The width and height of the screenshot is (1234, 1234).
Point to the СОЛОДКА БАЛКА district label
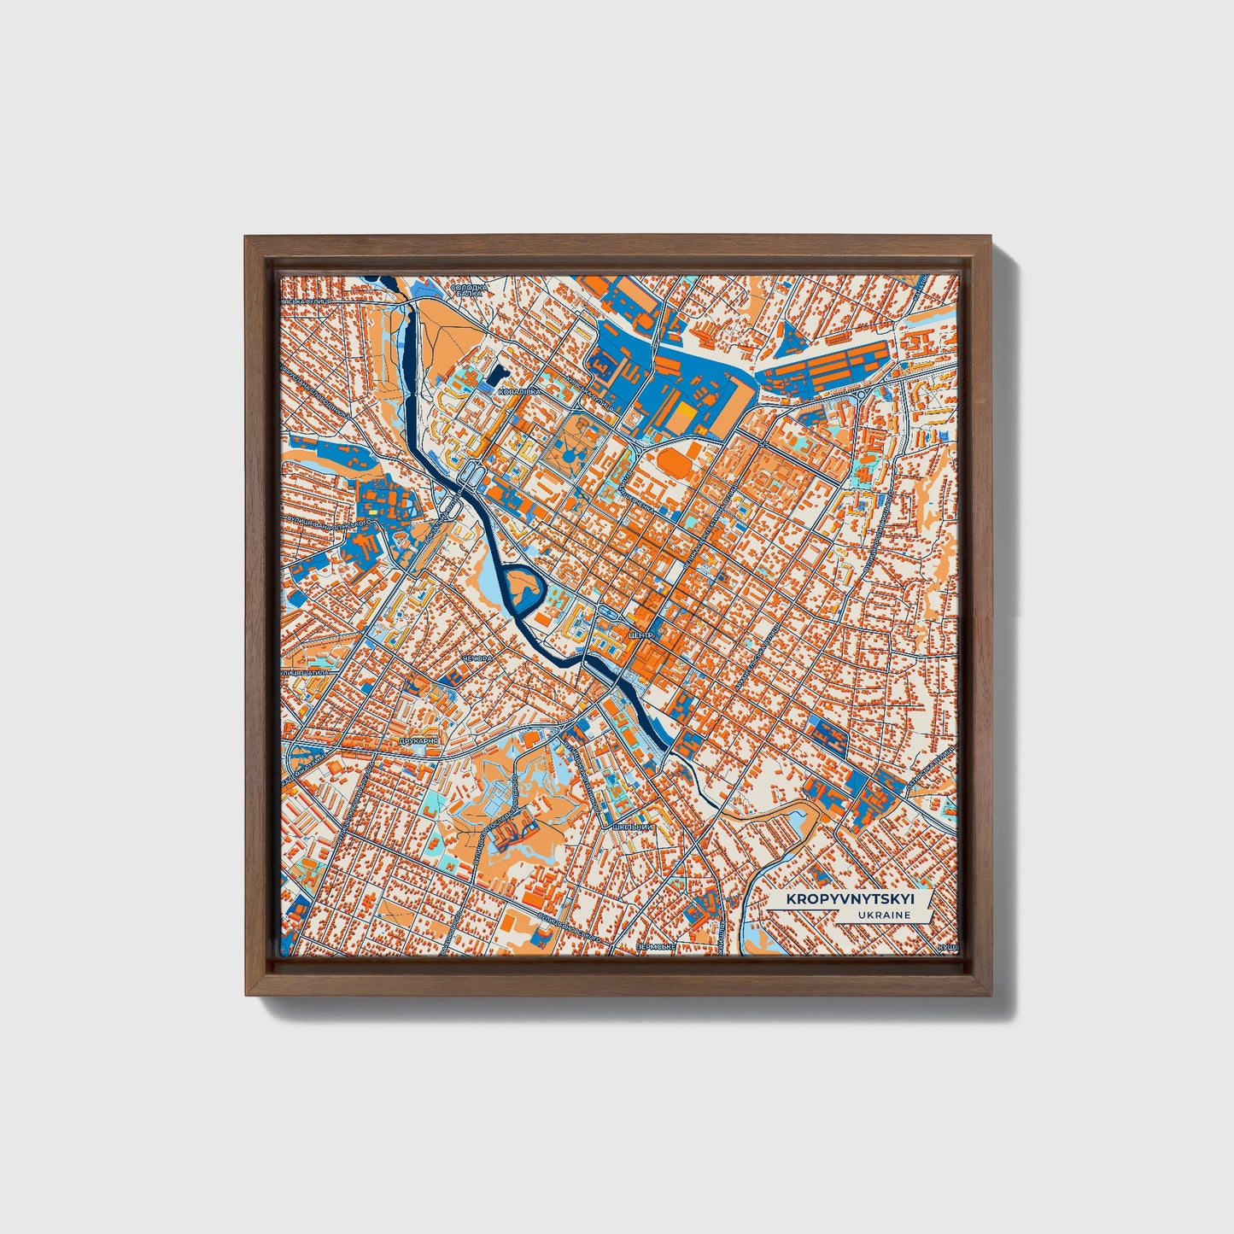pos(469,290)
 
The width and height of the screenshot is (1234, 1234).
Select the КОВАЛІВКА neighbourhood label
pos(518,391)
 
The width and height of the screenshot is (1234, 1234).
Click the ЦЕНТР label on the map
pos(640,636)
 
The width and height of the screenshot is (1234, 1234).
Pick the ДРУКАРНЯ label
pos(418,741)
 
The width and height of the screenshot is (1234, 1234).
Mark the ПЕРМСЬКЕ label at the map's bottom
pos(656,948)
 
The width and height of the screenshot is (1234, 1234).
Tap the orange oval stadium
pos(675,465)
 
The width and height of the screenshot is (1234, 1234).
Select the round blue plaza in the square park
pos(569,460)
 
